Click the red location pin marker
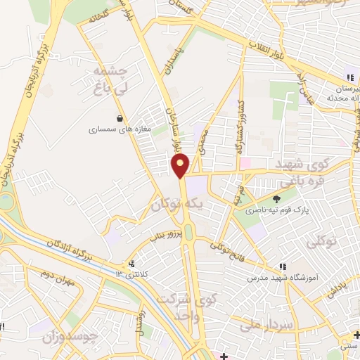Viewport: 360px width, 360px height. pyautogui.click(x=181, y=165)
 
